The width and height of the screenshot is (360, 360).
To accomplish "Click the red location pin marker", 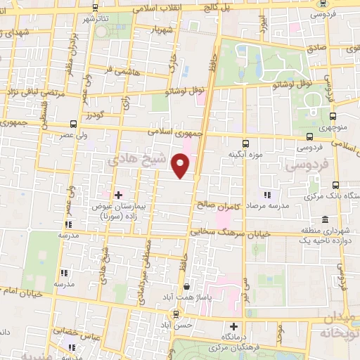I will [181, 166].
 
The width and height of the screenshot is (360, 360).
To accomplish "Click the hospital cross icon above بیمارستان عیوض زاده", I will [117, 194].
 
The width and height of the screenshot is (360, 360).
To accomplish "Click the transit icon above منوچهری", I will [332, 117].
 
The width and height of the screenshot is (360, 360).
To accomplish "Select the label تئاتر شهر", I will [94, 19].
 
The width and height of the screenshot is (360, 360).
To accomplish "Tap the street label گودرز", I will [92, 115].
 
